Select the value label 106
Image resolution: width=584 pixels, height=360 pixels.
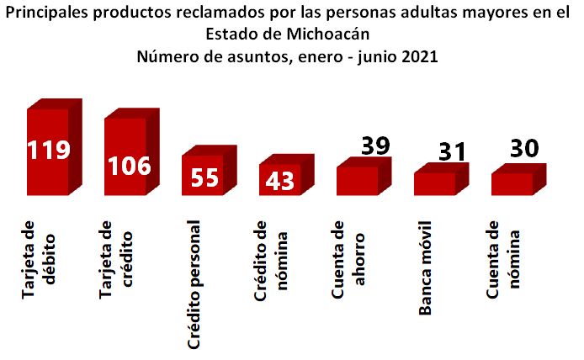[x=129, y=165]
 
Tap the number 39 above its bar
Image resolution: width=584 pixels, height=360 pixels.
[x=375, y=145]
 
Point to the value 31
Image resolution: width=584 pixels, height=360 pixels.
[x=452, y=151]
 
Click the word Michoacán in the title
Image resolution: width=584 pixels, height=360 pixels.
[x=328, y=35]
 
